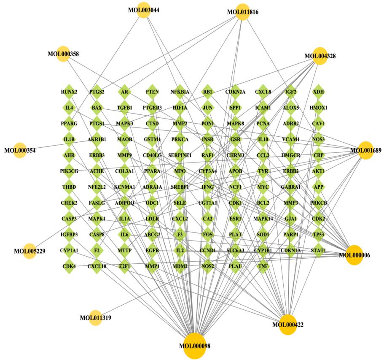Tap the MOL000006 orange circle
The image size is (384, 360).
coord(354,254)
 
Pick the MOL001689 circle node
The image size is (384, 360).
coord(366,150)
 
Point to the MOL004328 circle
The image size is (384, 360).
coord(320,56)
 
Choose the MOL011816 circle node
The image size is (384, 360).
coord(242,11)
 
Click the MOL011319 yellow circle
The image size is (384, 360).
coord(96,317)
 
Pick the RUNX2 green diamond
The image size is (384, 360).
coord(69,92)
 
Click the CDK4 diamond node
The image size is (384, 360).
coord(69,266)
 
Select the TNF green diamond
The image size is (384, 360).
coord(263,266)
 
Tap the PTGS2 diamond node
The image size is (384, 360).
coord(97,92)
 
